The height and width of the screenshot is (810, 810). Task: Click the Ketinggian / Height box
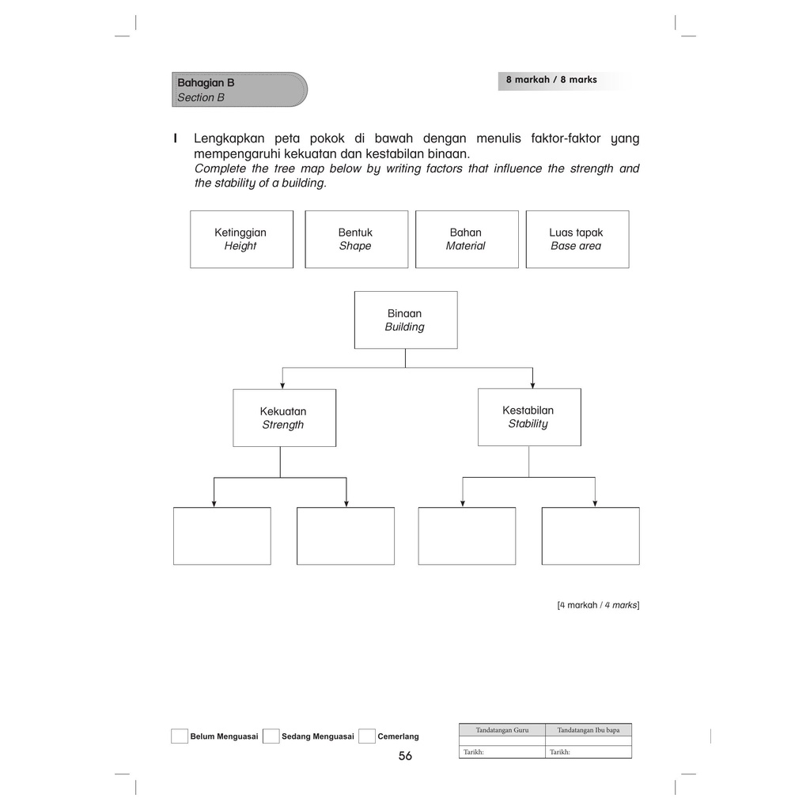[241, 239]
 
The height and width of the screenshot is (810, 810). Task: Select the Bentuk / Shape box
[356, 239]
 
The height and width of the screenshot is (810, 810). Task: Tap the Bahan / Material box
[467, 239]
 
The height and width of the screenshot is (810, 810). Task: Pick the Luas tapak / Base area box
[577, 239]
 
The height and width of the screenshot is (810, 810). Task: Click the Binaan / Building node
[405, 320]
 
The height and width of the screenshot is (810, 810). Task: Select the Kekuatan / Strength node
[284, 418]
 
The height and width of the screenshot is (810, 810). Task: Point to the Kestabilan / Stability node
[528, 417]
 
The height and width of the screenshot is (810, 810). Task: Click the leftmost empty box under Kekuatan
[221, 536]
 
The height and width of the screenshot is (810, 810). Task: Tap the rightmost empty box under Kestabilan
[590, 536]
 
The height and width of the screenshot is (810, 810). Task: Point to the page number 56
[405, 756]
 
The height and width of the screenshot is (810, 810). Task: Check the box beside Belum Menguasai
[180, 736]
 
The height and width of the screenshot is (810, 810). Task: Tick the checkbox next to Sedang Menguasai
[271, 736]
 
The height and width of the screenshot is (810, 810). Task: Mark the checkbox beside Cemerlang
[366, 736]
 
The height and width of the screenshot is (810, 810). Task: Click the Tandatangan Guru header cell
[502, 730]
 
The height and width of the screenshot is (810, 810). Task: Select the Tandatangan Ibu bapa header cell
[589, 730]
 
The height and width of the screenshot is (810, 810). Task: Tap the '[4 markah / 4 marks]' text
[597, 605]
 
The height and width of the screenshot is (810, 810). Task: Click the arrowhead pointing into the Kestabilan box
[532, 384]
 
